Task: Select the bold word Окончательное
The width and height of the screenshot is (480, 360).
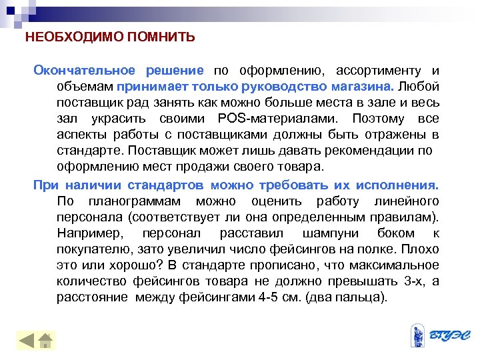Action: click(85, 71)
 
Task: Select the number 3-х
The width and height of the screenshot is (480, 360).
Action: click(415, 281)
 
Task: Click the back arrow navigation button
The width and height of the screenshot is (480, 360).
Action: click(26, 340)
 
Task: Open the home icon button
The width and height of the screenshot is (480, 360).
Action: click(45, 340)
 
